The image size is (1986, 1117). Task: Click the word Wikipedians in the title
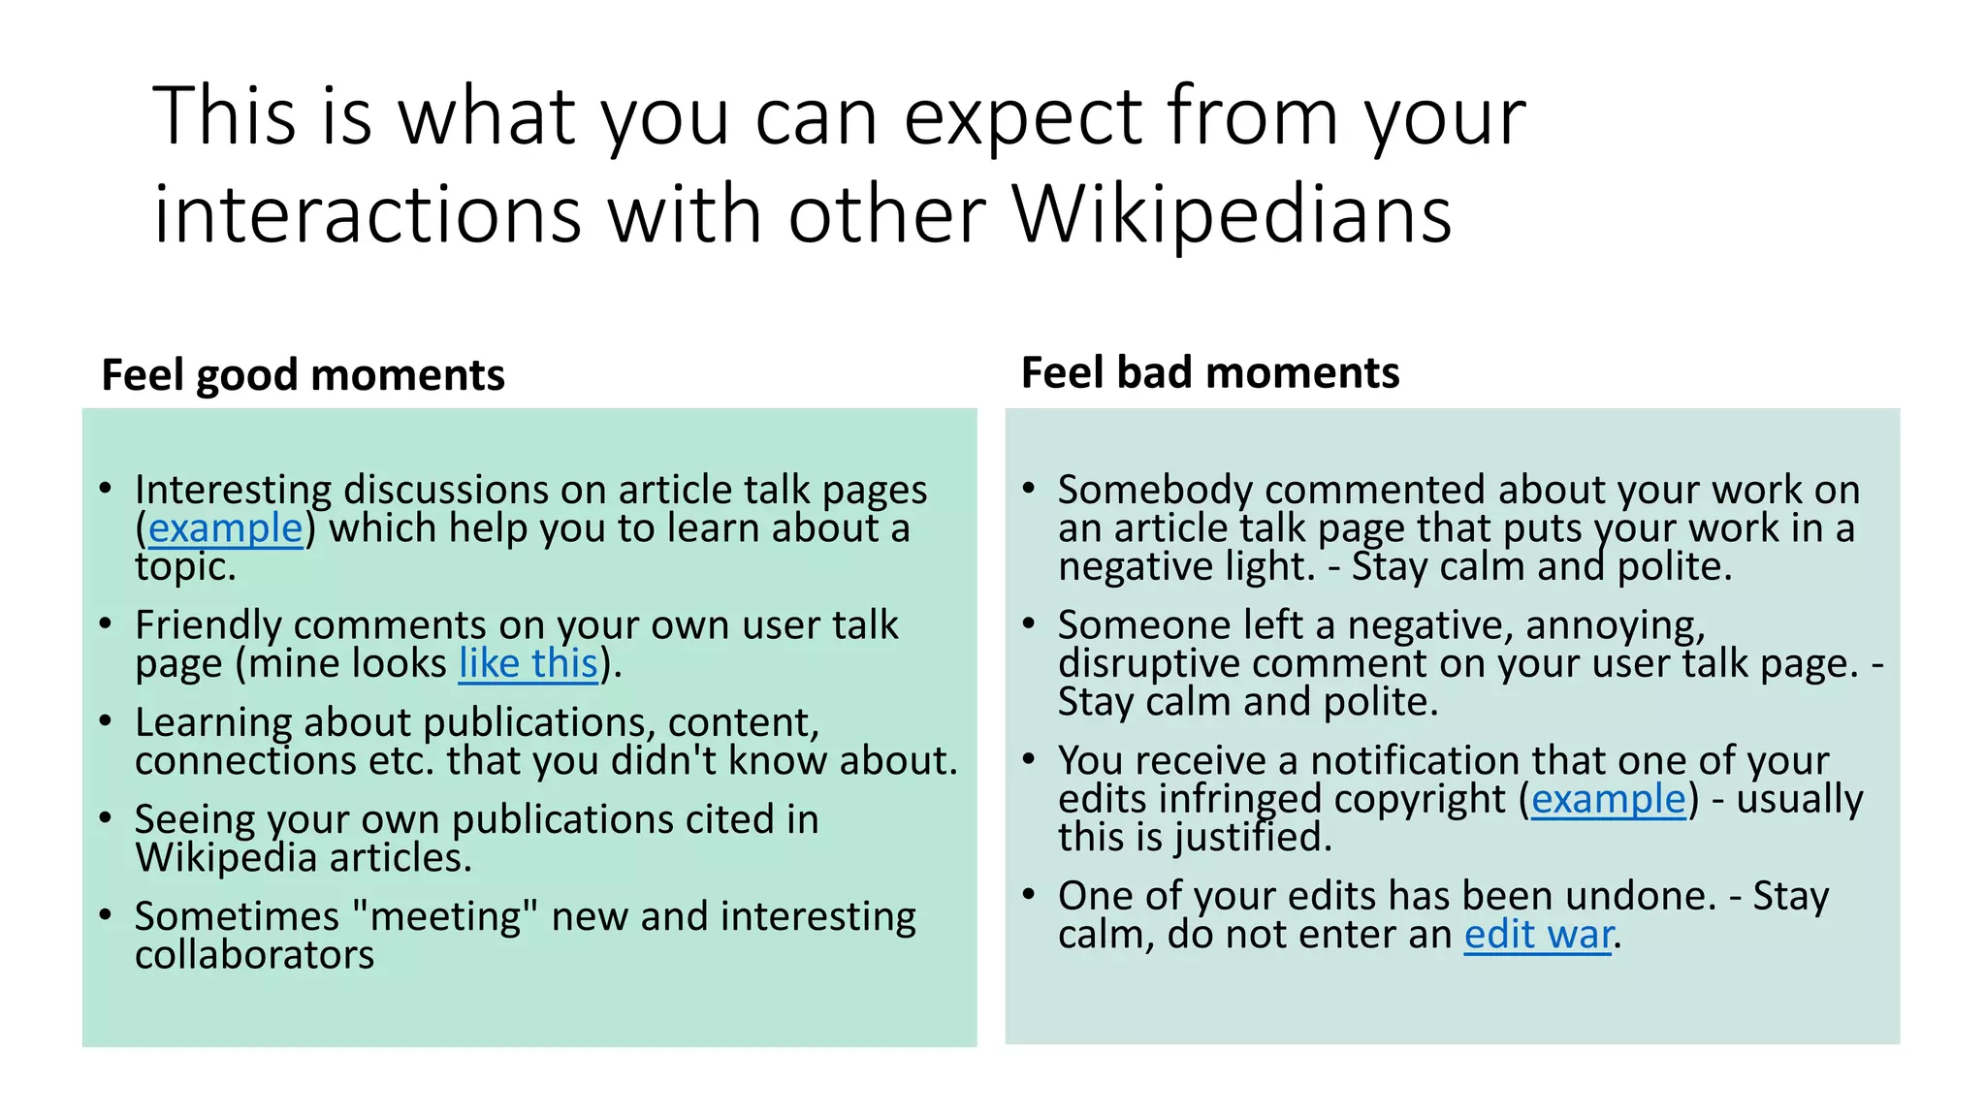pyautogui.click(x=1232, y=213)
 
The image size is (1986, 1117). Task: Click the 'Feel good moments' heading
pyautogui.click(x=303, y=375)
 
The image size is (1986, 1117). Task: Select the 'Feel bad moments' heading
pyautogui.click(x=1210, y=373)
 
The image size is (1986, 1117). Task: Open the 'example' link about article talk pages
pyautogui.click(x=225, y=528)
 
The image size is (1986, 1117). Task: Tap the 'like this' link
pyautogui.click(x=528, y=664)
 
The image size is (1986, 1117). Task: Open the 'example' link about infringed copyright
pyautogui.click(x=1608, y=799)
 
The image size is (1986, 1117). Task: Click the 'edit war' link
pyautogui.click(x=1538, y=935)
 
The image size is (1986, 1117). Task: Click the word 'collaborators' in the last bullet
pyautogui.click(x=254, y=955)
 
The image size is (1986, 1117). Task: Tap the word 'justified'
pyautogui.click(x=1251, y=838)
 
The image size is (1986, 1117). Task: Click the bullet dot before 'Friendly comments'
pyautogui.click(x=106, y=623)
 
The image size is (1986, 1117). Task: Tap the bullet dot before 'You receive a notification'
pyautogui.click(x=1029, y=759)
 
